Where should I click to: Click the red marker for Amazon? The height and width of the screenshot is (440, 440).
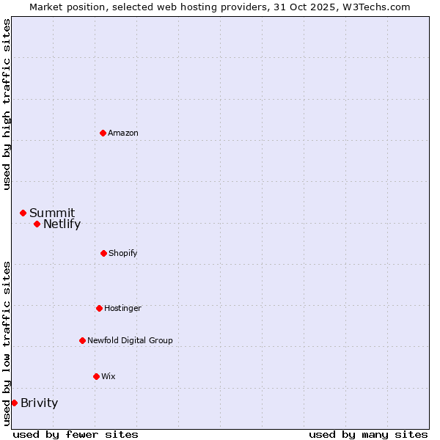(103, 133)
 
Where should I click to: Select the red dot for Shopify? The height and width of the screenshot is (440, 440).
(103, 253)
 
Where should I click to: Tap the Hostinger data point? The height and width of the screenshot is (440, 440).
(99, 308)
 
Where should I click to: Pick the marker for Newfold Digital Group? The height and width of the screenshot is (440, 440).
(82, 340)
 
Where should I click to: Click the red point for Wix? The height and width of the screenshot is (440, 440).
(96, 376)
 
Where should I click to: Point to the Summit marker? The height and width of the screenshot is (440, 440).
(23, 213)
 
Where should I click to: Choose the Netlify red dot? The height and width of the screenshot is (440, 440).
(37, 224)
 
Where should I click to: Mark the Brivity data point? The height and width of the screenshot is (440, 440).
(14, 403)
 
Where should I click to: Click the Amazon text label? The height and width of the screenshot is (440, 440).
(123, 133)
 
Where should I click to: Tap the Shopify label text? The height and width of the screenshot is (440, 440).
(123, 253)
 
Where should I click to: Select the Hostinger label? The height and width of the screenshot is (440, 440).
(122, 308)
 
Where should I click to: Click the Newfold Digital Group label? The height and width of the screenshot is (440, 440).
(130, 340)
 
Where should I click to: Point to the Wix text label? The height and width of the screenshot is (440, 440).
(109, 376)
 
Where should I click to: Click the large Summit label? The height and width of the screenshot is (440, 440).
(52, 213)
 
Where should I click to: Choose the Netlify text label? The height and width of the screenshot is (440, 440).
(62, 224)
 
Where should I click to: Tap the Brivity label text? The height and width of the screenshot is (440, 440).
(39, 403)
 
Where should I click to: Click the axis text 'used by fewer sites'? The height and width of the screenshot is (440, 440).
(76, 434)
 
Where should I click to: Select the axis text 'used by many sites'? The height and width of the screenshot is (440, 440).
(368, 434)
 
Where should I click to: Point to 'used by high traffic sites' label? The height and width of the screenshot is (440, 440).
(7, 104)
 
